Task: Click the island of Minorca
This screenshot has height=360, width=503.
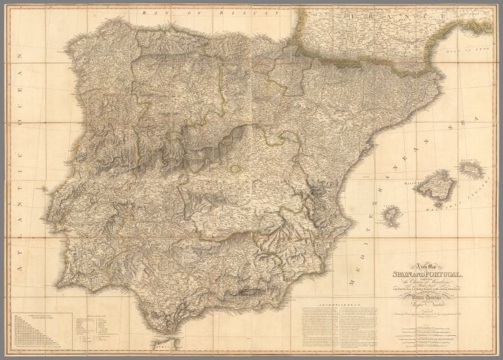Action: click(472, 170)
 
